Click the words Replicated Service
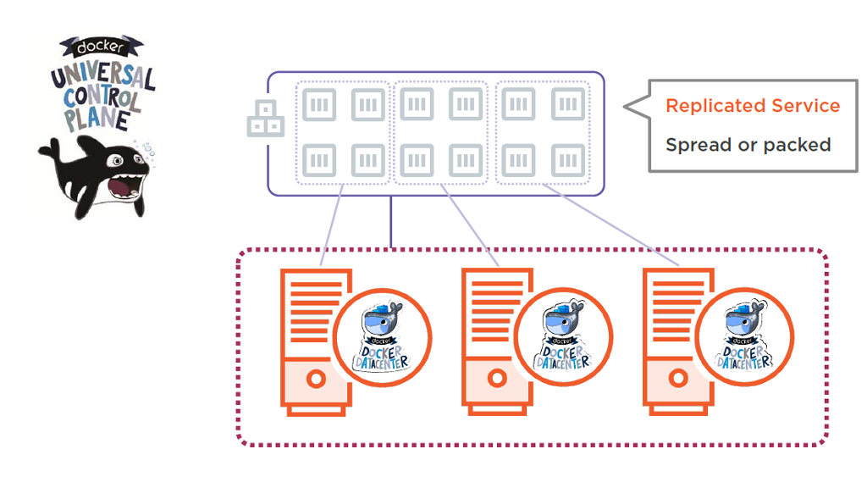point(753,106)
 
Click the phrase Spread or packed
point(748,145)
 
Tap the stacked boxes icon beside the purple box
point(265,119)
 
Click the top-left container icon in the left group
point(319,104)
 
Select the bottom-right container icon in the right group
point(568,160)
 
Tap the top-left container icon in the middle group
point(417,104)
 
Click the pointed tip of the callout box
point(627,107)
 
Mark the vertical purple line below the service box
point(390,222)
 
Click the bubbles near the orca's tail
point(152,150)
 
